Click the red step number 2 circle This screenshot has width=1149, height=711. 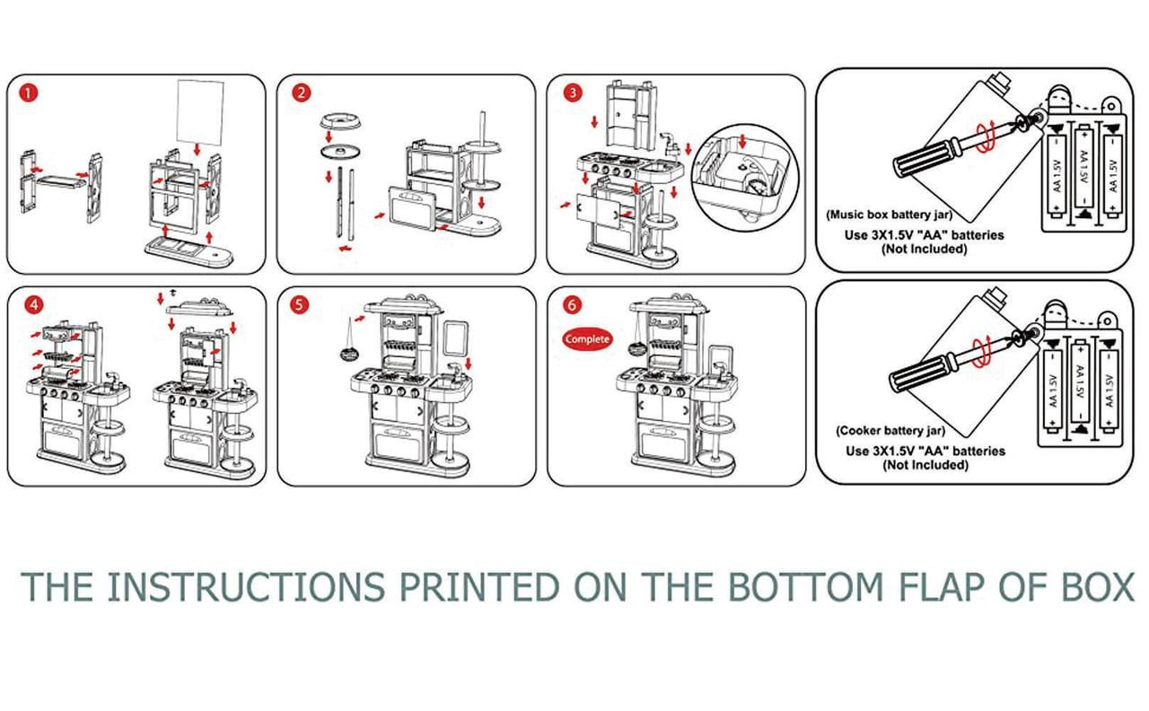click(302, 92)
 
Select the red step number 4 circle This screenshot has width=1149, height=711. click(33, 304)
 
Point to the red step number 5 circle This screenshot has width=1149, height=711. click(302, 304)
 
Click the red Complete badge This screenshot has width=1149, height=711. click(587, 339)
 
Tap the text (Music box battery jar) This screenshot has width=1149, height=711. click(890, 215)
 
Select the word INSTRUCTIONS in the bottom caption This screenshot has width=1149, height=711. click(246, 587)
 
